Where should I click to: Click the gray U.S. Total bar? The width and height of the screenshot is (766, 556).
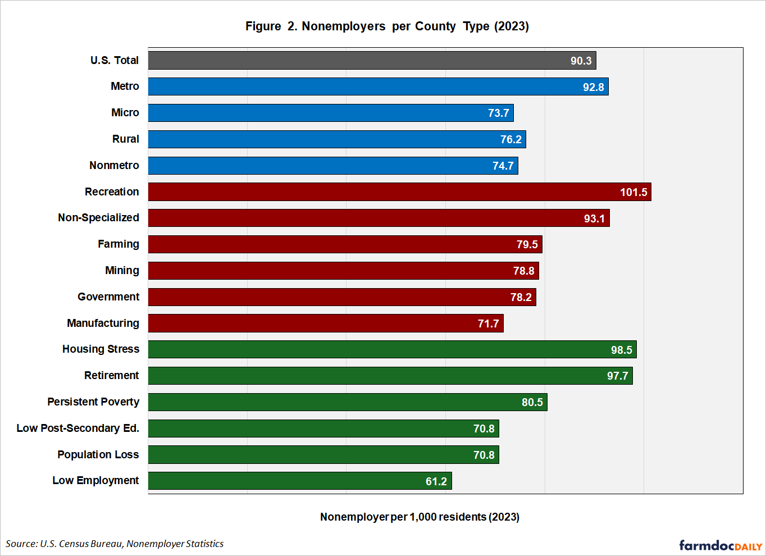pyautogui.click(x=372, y=61)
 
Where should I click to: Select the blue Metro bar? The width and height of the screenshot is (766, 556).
pyautogui.click(x=378, y=86)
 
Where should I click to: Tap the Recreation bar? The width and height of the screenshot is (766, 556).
pyautogui.click(x=400, y=192)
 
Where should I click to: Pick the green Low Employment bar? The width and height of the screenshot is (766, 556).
pyautogui.click(x=300, y=481)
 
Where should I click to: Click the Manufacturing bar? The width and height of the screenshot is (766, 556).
pyautogui.click(x=326, y=323)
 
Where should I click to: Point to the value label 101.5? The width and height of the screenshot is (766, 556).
pyautogui.click(x=633, y=192)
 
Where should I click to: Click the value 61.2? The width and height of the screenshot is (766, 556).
pyautogui.click(x=436, y=481)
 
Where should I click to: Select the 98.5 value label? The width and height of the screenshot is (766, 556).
pyautogui.click(x=621, y=350)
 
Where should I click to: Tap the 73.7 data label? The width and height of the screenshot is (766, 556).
pyautogui.click(x=498, y=113)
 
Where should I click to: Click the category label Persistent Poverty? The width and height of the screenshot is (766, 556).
pyautogui.click(x=93, y=402)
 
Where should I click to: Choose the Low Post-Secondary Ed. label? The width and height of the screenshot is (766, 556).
pyautogui.click(x=78, y=428)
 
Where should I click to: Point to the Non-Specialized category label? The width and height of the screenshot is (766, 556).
pyautogui.click(x=98, y=218)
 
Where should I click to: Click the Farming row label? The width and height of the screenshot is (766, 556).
pyautogui.click(x=118, y=244)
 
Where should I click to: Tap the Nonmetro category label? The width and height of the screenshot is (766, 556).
pyautogui.click(x=114, y=166)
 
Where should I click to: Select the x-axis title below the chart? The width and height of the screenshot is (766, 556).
pyautogui.click(x=420, y=517)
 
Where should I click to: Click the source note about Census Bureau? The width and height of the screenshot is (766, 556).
pyautogui.click(x=115, y=544)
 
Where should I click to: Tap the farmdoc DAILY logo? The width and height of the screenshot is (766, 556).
pyautogui.click(x=721, y=545)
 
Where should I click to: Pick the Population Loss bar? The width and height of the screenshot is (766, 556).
pyautogui.click(x=323, y=455)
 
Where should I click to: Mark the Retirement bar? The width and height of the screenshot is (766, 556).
pyautogui.click(x=390, y=376)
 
